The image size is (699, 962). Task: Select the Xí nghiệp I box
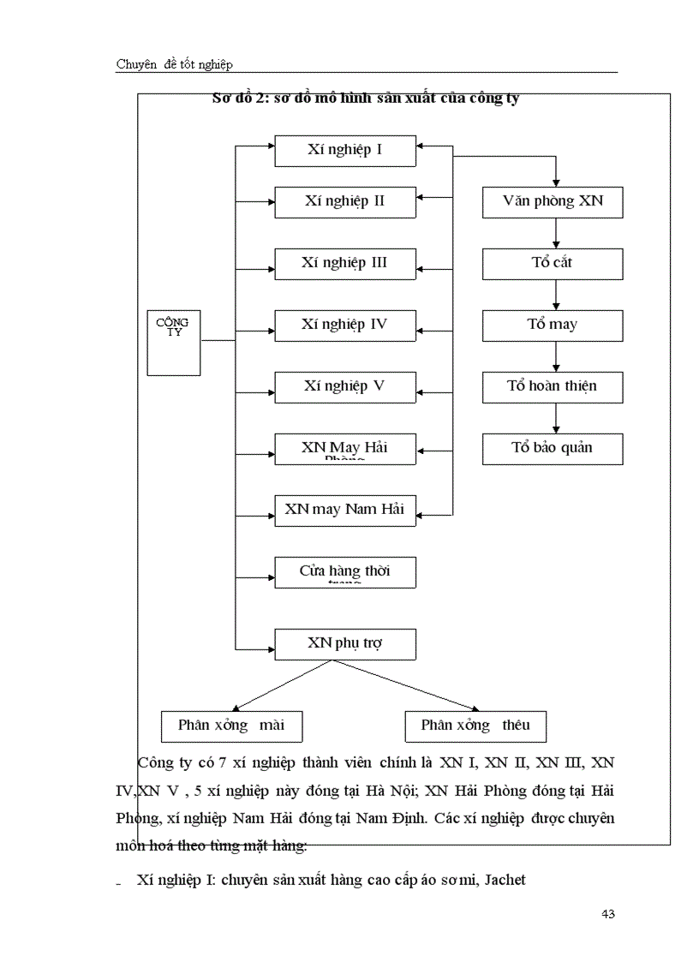[x=344, y=151]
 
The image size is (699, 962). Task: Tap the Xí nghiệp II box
[x=344, y=202]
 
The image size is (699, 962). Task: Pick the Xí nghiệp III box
[x=344, y=263]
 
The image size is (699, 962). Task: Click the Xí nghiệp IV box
[x=344, y=325]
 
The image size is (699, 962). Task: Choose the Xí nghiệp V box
[x=344, y=386]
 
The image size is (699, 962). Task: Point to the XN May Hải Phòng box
[x=344, y=449]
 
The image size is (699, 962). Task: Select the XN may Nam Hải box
[x=344, y=510]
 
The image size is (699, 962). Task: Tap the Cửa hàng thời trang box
[x=344, y=571]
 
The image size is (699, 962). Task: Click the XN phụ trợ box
[x=344, y=643]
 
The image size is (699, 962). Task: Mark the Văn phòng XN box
[x=553, y=202]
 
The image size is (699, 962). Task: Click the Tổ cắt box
[x=553, y=263]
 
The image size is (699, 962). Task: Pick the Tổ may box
[x=553, y=325]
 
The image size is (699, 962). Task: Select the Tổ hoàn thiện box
[x=553, y=386]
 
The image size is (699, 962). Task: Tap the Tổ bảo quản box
[x=553, y=448]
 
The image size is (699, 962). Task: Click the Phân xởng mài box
[x=231, y=726]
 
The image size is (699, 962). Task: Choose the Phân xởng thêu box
[x=475, y=726]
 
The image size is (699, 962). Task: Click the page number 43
[x=608, y=914]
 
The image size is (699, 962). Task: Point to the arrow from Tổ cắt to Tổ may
[x=556, y=294]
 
